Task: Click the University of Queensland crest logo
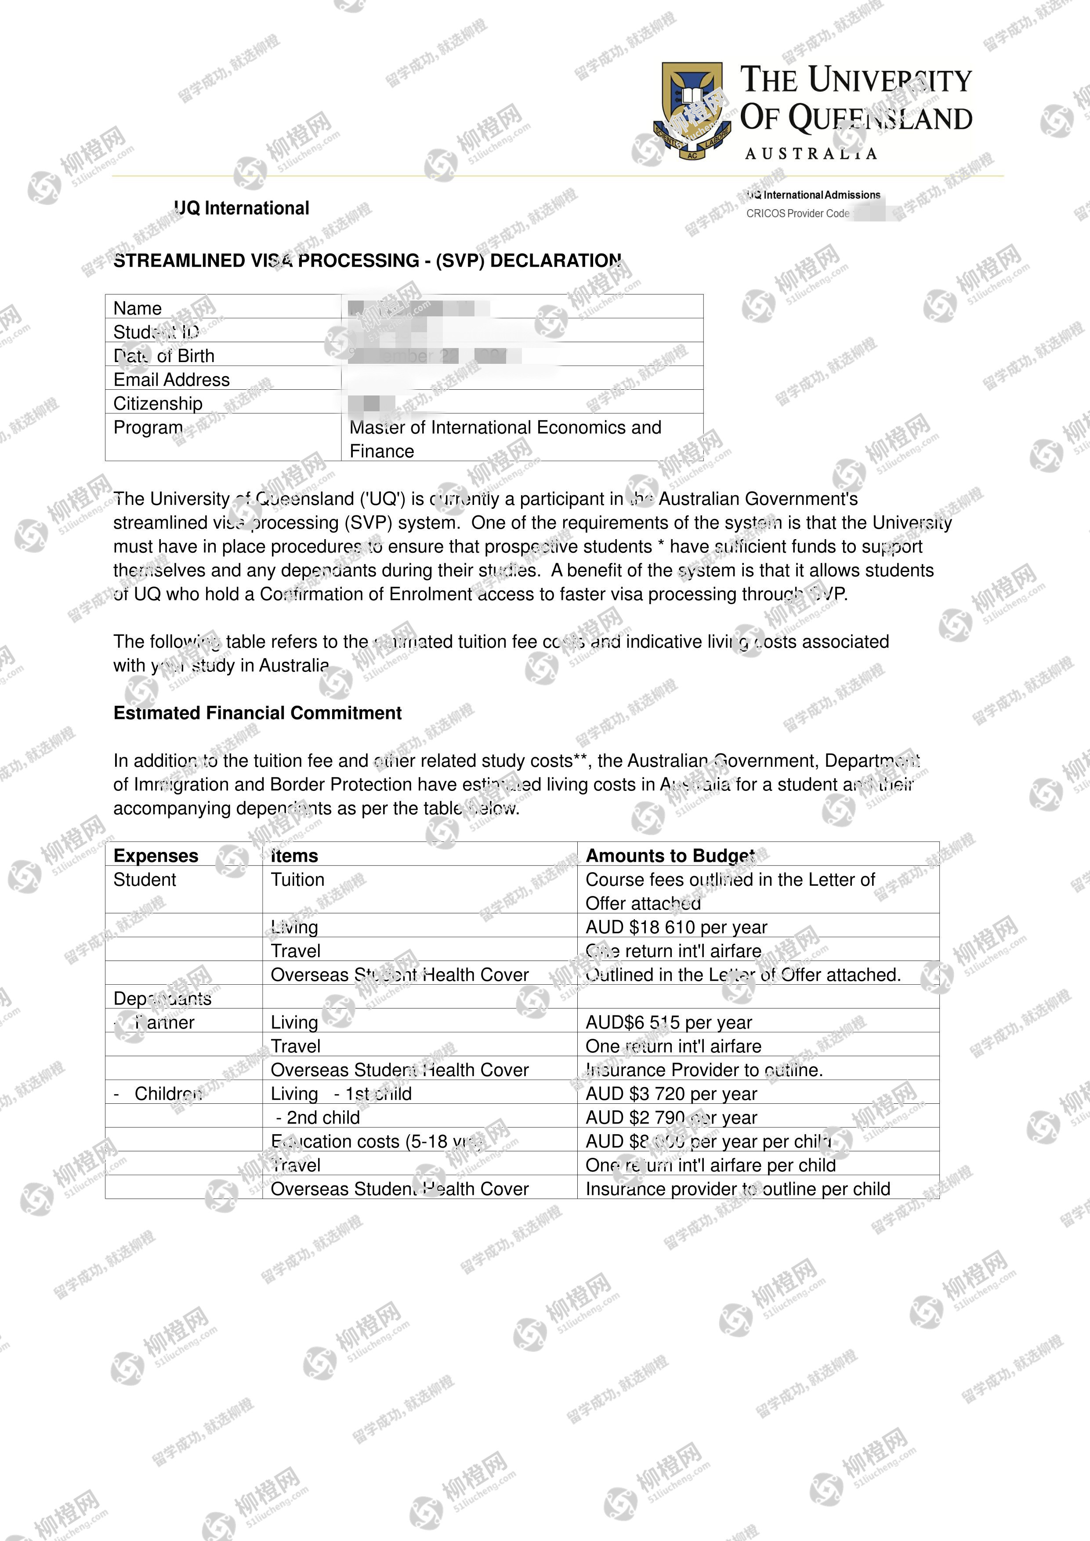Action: [692, 111]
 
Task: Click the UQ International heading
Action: [242, 208]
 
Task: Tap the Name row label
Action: [138, 308]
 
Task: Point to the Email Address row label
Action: [171, 380]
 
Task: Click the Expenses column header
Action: [156, 856]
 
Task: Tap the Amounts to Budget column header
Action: [670, 856]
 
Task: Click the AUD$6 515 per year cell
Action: [669, 1022]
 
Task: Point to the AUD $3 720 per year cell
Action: [671, 1093]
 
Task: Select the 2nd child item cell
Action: [318, 1117]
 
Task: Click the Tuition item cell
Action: [297, 880]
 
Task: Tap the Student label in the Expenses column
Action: [144, 880]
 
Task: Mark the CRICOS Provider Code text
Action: [797, 214]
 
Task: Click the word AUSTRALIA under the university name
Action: [811, 154]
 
